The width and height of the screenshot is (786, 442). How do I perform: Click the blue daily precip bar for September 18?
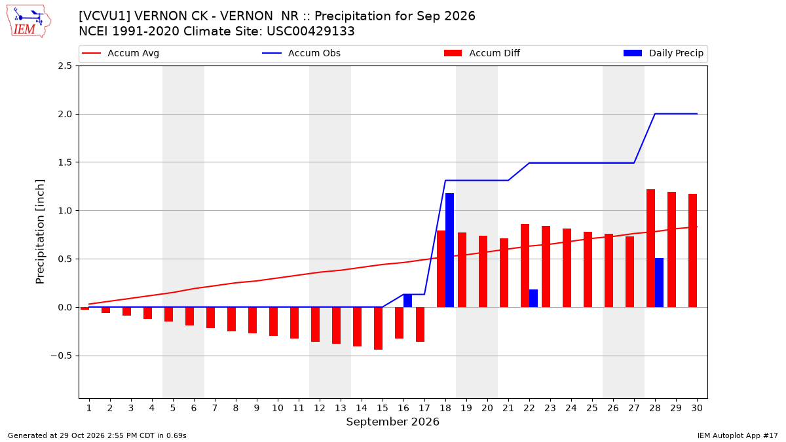(x=449, y=250)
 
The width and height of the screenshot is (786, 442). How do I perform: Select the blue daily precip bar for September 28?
(x=659, y=283)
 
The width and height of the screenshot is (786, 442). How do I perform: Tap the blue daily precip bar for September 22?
(x=533, y=299)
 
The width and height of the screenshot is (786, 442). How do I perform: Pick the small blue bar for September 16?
(x=407, y=301)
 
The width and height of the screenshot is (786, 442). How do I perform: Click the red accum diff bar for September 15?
(x=379, y=328)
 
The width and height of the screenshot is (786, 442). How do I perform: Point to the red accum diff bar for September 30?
(x=693, y=250)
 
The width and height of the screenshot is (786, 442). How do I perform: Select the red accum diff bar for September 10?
(x=273, y=322)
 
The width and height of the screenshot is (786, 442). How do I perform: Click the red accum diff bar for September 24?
(x=567, y=268)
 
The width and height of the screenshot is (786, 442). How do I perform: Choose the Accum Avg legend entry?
(x=121, y=53)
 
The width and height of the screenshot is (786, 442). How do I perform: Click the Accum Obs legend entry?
(x=301, y=53)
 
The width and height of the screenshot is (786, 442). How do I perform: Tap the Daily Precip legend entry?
(x=663, y=53)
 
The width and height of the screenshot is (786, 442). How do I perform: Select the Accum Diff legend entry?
(x=482, y=53)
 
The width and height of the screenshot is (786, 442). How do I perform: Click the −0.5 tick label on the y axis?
(x=61, y=356)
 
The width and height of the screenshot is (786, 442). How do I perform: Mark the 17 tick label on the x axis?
(x=424, y=408)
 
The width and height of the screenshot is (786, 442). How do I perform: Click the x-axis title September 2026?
(x=392, y=422)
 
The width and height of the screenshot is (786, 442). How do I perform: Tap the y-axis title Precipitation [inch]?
(x=40, y=232)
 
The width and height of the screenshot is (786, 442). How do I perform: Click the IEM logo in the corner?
(x=29, y=22)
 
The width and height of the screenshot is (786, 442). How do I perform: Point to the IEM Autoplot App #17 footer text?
(x=738, y=435)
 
